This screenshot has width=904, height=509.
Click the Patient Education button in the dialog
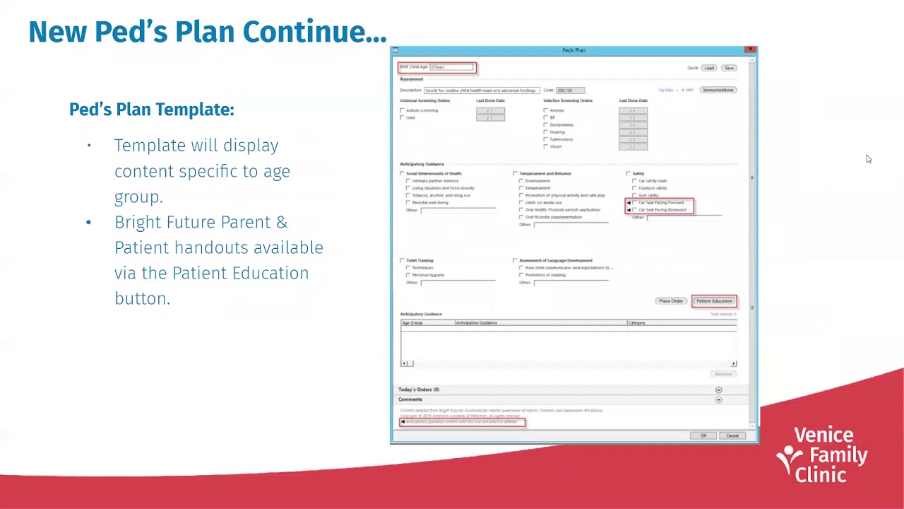click(714, 301)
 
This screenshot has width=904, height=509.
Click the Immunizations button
click(718, 90)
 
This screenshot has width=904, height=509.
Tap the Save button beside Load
click(729, 68)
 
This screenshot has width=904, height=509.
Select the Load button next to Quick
click(708, 68)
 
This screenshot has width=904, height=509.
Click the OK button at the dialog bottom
click(703, 435)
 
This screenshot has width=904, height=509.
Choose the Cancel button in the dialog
click(732, 435)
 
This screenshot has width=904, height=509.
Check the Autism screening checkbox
click(403, 110)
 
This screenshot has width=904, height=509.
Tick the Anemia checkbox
click(546, 110)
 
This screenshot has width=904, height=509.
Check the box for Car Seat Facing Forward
click(635, 203)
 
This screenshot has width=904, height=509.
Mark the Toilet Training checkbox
click(403, 261)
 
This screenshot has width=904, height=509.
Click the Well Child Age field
click(451, 67)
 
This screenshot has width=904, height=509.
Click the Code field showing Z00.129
click(570, 90)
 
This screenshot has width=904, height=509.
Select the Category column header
click(637, 323)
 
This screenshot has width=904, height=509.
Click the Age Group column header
click(412, 323)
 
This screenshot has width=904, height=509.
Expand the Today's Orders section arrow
click(718, 390)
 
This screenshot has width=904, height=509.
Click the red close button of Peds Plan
click(751, 50)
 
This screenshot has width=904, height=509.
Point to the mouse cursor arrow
click(868, 159)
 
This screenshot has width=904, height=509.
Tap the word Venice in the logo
click(823, 435)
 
